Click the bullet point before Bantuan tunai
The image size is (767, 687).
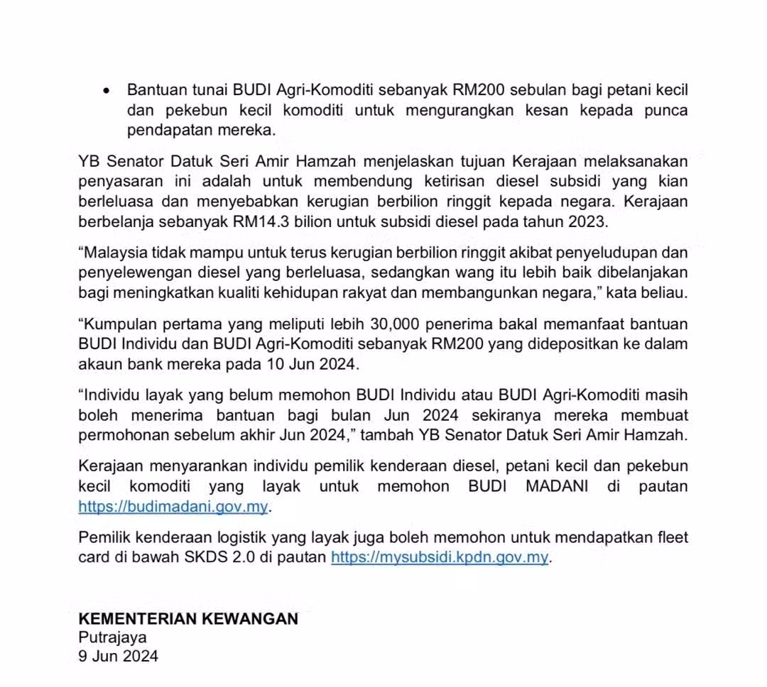point(107,92)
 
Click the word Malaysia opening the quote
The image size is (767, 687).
point(118,253)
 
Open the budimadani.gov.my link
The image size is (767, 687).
point(173,507)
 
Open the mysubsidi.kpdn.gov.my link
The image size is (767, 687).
point(440,557)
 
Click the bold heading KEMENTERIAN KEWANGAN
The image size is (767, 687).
point(188,619)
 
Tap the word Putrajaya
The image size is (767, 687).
point(112,637)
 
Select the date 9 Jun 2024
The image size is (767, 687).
point(118,656)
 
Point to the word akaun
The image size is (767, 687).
point(99,365)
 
